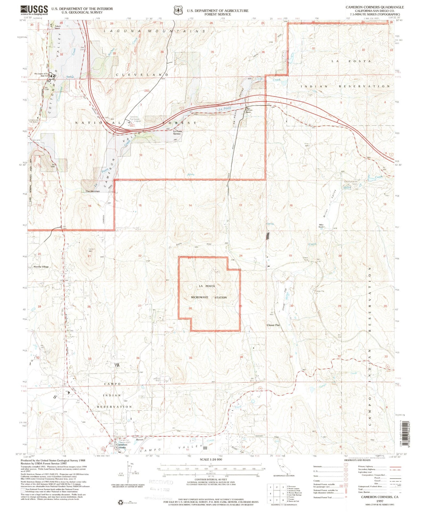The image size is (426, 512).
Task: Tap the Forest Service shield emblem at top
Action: click(178, 11)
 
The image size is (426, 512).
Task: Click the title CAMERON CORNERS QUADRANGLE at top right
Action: click(374, 7)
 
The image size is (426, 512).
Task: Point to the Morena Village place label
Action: click(41, 267)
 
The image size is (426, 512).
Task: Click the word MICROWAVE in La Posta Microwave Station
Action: click(200, 297)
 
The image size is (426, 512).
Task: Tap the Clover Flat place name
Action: click(273, 325)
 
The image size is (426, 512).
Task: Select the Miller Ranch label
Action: click(321, 226)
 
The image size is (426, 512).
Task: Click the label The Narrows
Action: click(93, 191)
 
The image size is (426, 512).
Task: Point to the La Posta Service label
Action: click(177, 132)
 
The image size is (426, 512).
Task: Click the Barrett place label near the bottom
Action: click(139, 440)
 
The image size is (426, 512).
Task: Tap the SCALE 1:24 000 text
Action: click(211, 459)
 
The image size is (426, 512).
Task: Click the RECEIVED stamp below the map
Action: click(161, 482)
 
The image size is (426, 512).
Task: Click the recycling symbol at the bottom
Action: click(120, 503)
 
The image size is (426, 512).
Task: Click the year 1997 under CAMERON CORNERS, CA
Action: click(379, 501)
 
